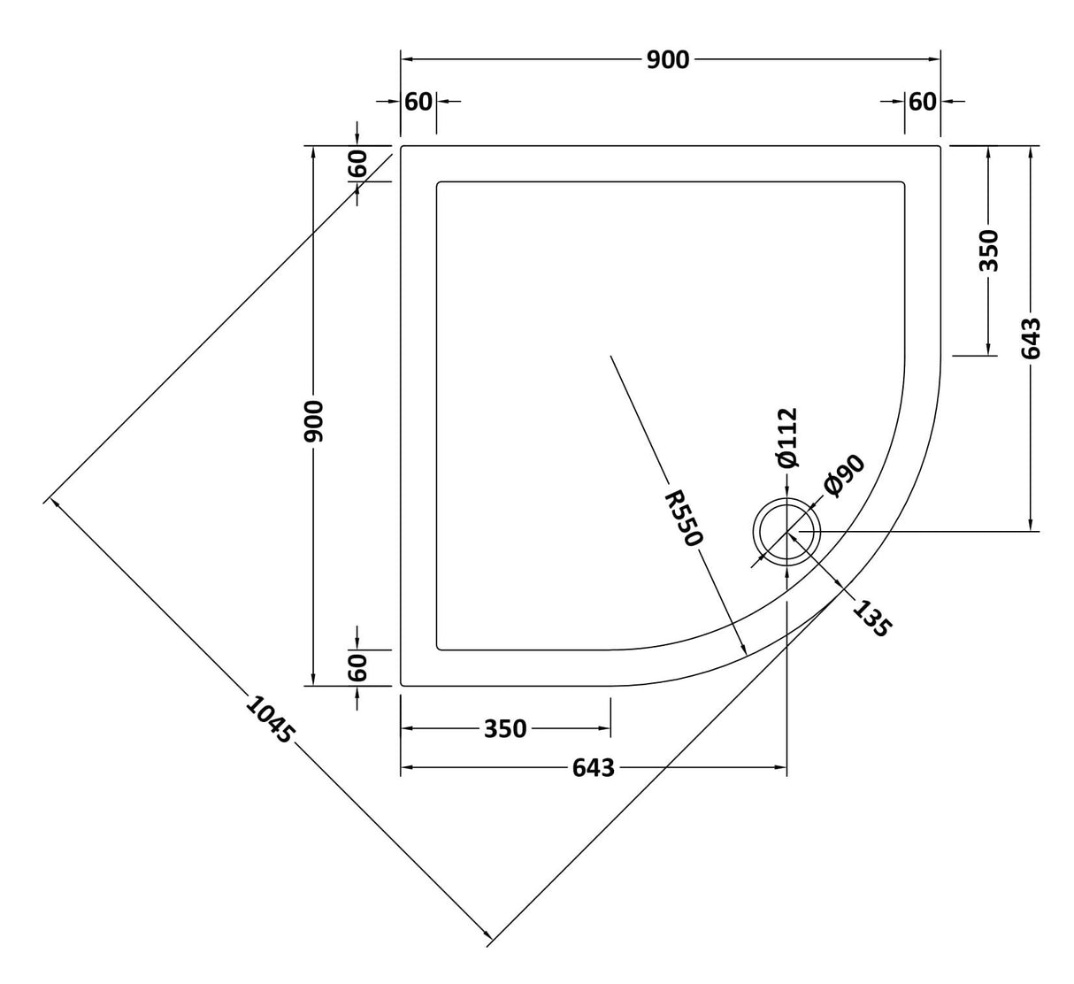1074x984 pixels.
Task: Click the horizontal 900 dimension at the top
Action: [x=667, y=59]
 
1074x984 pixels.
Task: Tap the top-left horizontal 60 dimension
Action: [x=418, y=102]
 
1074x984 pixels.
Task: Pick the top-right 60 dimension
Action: [x=922, y=102]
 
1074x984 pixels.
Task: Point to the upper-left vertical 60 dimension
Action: [x=357, y=164]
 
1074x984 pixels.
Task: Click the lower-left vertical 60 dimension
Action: [x=357, y=667]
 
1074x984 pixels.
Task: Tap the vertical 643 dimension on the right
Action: [x=1031, y=339]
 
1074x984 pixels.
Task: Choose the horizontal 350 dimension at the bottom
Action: [x=505, y=729]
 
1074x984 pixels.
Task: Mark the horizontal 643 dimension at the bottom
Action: [x=593, y=768]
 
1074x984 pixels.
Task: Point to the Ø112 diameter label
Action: [x=786, y=437]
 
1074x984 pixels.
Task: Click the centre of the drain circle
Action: [x=786, y=532]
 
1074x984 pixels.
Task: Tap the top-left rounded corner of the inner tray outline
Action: [x=440, y=184]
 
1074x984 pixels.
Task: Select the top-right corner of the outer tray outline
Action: [x=939, y=146]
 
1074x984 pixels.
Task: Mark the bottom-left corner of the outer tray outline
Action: [x=403, y=684]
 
